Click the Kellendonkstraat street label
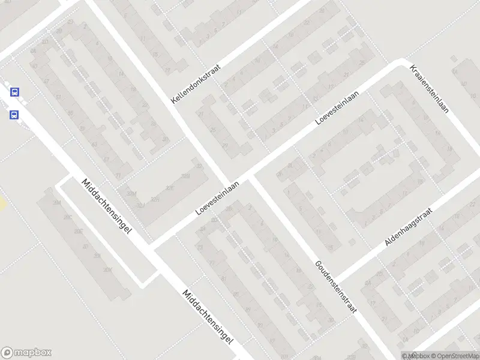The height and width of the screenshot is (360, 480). [196, 85]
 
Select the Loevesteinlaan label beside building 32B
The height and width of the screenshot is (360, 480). [217, 199]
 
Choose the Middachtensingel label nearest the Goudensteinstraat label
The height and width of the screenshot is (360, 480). [208, 317]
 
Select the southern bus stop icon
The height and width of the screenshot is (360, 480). [14, 115]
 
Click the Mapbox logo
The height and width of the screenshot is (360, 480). [26, 353]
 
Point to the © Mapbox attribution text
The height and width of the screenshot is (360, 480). [415, 356]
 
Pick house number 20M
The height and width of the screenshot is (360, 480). [58, 204]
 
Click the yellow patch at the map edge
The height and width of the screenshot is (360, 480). [2, 204]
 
